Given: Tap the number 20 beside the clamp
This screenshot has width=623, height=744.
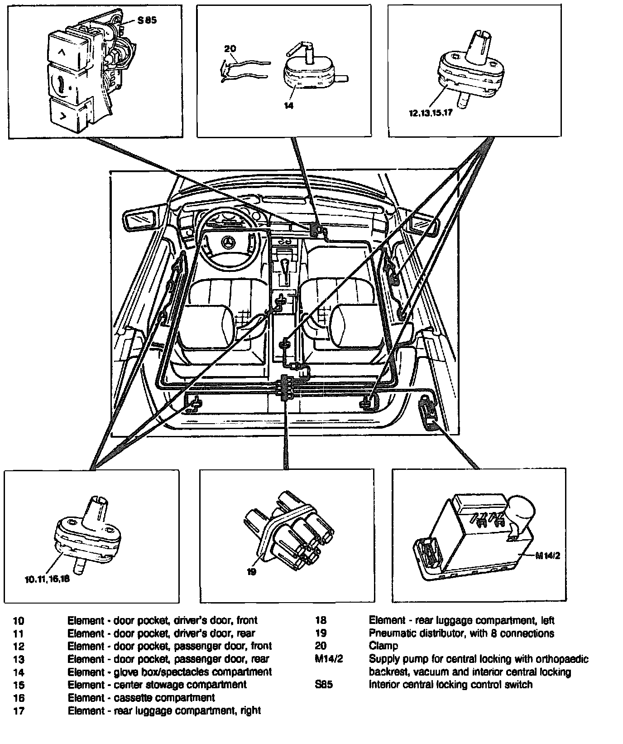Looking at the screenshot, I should coord(230,49).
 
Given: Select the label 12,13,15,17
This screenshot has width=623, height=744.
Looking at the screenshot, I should coord(430,113).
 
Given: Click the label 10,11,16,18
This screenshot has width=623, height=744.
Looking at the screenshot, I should coord(48,579).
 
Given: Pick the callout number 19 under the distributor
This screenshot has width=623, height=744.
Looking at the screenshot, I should coord(251,571).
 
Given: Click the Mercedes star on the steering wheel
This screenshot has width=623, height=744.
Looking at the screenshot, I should coord(228,244).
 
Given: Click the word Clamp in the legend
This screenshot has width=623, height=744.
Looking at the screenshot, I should coord(383,646).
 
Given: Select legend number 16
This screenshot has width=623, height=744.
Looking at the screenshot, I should coord(19,698).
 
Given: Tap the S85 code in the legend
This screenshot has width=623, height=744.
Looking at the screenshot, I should coord(324,684).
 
